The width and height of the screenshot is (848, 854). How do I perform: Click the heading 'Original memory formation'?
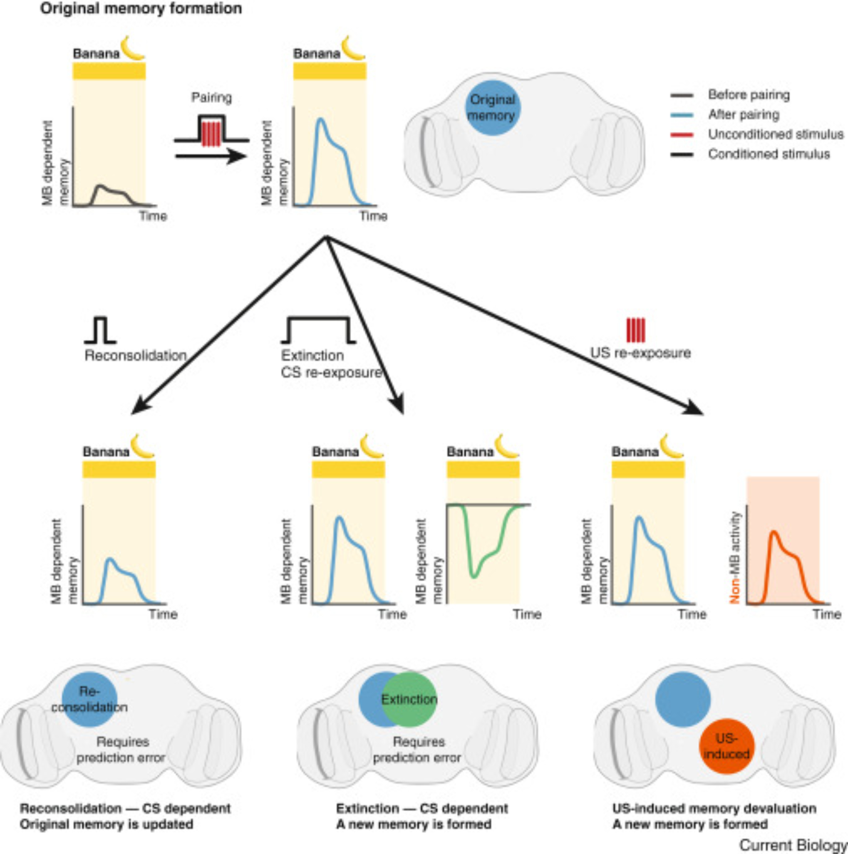point(141,9)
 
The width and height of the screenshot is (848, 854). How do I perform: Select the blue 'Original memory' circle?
point(492,108)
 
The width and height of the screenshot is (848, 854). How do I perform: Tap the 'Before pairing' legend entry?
point(748,95)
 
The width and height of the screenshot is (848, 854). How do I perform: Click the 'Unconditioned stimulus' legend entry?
point(775,135)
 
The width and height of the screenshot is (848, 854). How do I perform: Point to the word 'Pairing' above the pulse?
point(211,98)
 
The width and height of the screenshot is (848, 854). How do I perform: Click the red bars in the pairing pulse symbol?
point(211,134)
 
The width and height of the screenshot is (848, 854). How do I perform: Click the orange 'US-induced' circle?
point(726,746)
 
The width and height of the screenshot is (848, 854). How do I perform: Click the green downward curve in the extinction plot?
point(473,575)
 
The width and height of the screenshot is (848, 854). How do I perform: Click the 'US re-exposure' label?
point(640,353)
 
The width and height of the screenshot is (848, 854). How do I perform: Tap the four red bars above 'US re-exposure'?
point(636,330)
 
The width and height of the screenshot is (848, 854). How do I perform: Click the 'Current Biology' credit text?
point(793,845)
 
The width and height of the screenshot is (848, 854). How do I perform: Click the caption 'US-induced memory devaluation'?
point(714,808)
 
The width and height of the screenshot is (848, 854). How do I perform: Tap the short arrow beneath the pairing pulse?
point(210,156)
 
